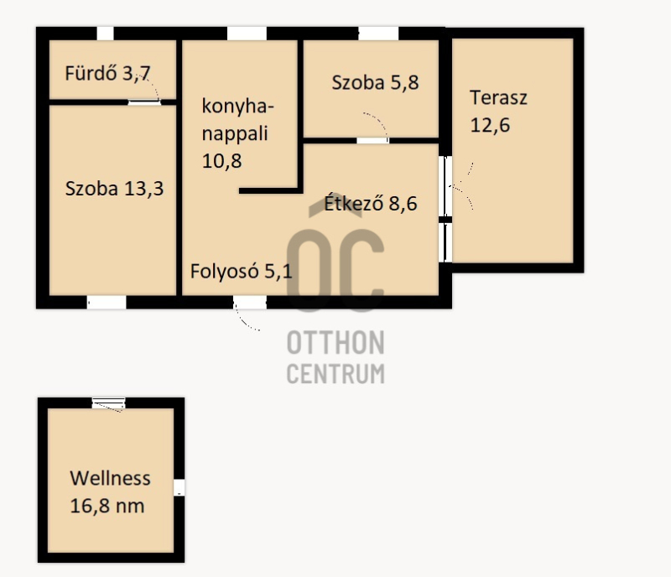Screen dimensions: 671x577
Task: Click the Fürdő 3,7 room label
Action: tap(107, 73)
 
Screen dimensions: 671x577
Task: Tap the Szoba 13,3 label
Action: tap(114, 189)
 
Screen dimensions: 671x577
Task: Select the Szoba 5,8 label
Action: tap(375, 83)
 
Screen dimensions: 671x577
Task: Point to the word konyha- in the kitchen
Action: tap(237, 107)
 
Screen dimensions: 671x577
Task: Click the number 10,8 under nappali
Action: tap(221, 161)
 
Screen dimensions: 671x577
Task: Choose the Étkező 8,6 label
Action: tap(371, 203)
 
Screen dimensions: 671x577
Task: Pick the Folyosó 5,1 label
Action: tap(242, 272)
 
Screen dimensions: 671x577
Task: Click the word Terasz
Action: tap(498, 97)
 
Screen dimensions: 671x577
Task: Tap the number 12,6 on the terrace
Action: tap(490, 126)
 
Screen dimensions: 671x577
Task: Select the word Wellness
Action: tap(110, 478)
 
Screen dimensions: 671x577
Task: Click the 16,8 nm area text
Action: tap(107, 506)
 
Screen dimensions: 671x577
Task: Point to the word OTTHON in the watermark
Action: tap(335, 343)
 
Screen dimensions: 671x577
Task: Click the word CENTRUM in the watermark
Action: tap(335, 374)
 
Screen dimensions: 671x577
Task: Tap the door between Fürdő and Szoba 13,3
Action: tap(144, 102)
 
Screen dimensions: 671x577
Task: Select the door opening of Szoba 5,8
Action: tap(372, 140)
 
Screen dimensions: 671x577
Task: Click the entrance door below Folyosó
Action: tap(249, 303)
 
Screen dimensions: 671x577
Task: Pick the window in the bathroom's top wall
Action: tap(106, 34)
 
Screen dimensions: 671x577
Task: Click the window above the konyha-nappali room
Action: tap(247, 34)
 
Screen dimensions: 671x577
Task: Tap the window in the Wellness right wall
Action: tap(179, 487)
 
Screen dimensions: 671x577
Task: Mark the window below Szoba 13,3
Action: tap(107, 303)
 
